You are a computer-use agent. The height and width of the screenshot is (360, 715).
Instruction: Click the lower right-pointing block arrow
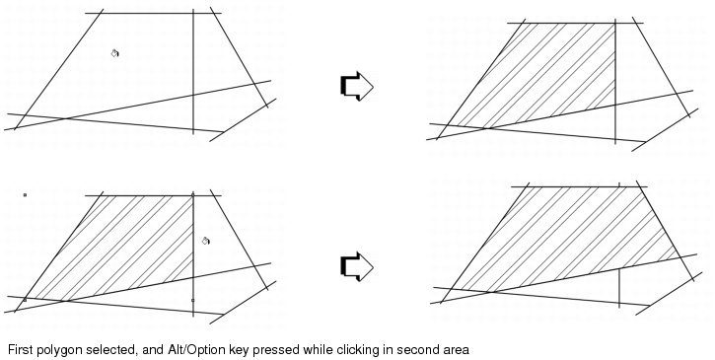[x=356, y=266]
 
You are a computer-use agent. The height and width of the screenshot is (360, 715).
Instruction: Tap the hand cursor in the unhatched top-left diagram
[x=114, y=53]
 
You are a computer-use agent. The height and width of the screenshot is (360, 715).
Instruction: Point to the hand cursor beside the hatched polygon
[x=206, y=240]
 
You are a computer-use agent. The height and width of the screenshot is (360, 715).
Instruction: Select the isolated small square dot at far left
[x=25, y=195]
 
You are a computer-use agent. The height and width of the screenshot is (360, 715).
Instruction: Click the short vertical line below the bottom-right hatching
[x=618, y=287]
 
